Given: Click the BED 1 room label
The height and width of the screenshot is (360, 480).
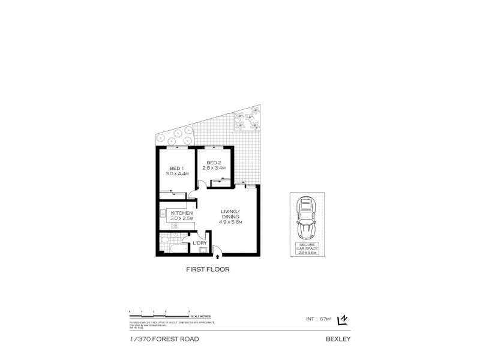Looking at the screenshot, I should click(x=176, y=168).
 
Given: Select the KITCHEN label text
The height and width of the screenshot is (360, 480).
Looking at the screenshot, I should click(x=181, y=213).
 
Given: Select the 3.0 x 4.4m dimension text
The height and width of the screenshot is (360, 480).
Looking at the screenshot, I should click(x=176, y=173).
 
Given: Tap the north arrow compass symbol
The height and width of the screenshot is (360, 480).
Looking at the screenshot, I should click(x=343, y=320).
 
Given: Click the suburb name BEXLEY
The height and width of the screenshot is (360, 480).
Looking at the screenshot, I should click(x=338, y=339).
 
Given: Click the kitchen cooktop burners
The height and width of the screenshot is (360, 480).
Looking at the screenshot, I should click(x=176, y=226).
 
